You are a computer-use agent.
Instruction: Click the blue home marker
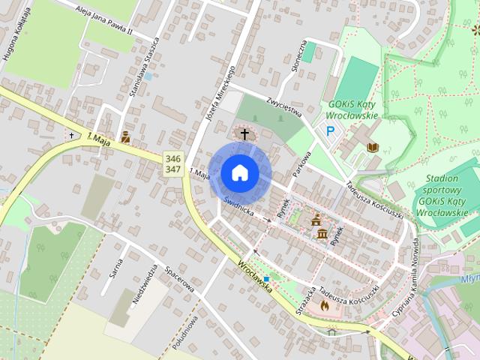click(239, 172)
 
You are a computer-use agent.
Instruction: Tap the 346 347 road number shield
click(172, 164)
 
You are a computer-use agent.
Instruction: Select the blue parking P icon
click(331, 131)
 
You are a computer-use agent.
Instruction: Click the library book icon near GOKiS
click(373, 147)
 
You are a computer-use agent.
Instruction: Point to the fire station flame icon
click(324, 305)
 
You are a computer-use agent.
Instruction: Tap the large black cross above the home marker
click(244, 134)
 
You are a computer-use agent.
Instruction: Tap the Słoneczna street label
click(297, 57)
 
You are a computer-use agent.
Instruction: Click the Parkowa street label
click(301, 160)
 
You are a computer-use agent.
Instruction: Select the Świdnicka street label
click(239, 208)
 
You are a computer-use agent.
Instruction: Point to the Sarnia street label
click(116, 266)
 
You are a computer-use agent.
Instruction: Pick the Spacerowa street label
click(180, 278)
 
